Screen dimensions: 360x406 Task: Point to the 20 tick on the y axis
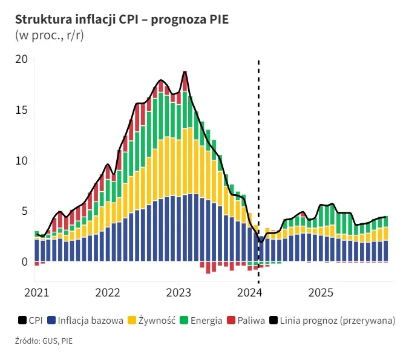coord(22,59)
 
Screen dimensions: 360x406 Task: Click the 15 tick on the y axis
coord(22,110)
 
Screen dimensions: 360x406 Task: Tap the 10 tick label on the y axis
coord(22,161)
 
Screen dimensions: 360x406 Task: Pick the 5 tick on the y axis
coord(24,211)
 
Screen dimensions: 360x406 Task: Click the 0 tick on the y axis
coord(24,262)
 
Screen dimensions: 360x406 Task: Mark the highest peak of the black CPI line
coord(185,71)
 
